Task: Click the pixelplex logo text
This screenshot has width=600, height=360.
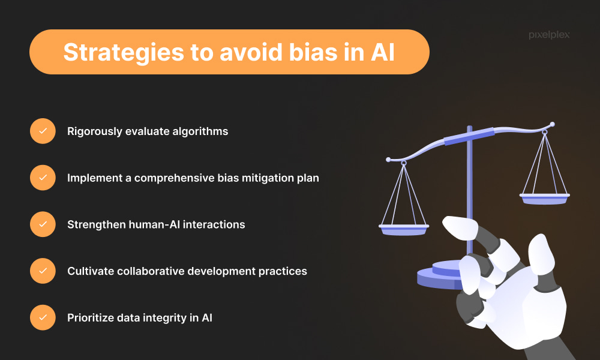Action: point(549,35)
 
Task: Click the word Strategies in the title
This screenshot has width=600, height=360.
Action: point(124,52)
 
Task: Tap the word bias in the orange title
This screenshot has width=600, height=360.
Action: point(313,52)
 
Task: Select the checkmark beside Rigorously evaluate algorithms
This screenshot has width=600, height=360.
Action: point(43,131)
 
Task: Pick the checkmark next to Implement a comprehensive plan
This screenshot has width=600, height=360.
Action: point(43,178)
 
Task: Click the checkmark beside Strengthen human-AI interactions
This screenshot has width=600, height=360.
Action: point(43,224)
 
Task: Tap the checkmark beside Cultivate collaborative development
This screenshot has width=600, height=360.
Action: point(43,271)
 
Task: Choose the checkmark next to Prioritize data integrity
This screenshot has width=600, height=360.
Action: point(43,317)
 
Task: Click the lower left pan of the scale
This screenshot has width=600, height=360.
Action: point(404,230)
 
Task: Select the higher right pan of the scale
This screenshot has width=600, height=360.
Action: point(545,199)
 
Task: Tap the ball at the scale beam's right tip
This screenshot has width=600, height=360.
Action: point(552,124)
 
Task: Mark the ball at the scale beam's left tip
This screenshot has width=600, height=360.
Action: point(388,160)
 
